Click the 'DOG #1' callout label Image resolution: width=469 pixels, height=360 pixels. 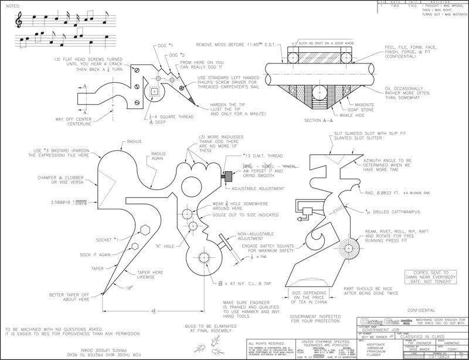tap(157, 45)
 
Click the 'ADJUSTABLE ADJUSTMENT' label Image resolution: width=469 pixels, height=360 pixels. tap(259, 188)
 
